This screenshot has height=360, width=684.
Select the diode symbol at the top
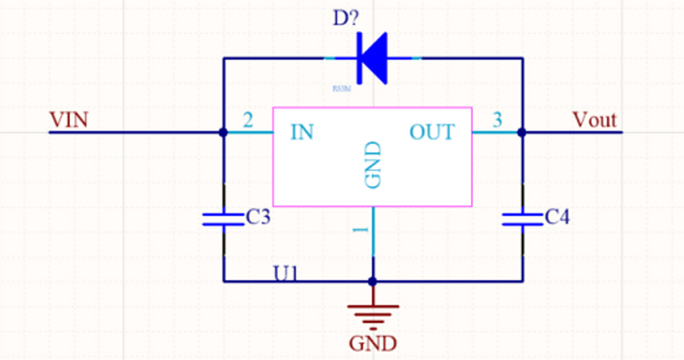(x=373, y=58)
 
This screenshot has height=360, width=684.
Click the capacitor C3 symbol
(x=223, y=219)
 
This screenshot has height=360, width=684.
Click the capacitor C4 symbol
(x=522, y=219)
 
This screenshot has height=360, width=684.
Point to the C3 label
(x=258, y=217)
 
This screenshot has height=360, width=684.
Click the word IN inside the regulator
(x=302, y=132)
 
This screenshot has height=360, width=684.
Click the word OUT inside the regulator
(x=432, y=132)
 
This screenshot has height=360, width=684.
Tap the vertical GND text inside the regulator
(x=373, y=165)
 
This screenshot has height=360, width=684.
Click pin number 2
(x=248, y=120)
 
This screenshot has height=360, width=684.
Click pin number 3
(x=497, y=120)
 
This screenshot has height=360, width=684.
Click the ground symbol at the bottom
(x=373, y=312)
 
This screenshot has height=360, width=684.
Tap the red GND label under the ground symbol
(x=373, y=343)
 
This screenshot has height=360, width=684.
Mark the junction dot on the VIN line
(x=223, y=132)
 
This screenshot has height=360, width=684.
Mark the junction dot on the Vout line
(x=522, y=132)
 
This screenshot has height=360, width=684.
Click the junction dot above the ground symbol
(x=373, y=281)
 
